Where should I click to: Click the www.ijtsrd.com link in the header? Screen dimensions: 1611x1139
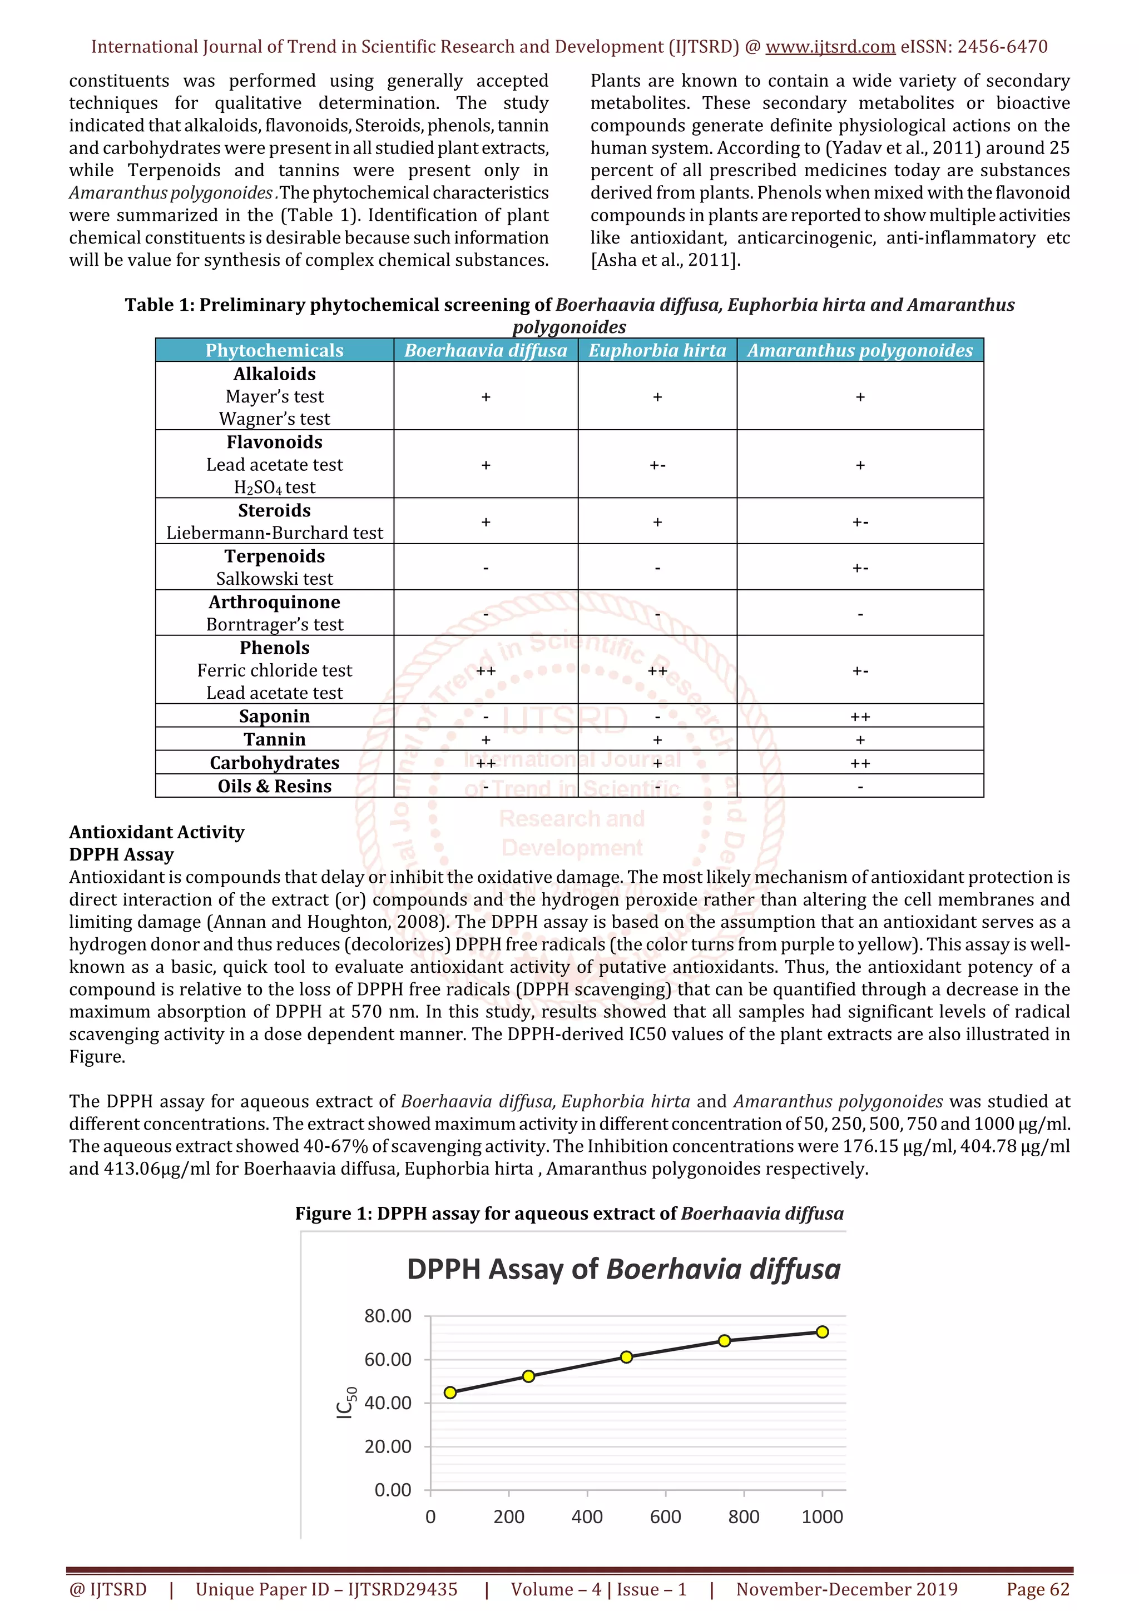click(830, 47)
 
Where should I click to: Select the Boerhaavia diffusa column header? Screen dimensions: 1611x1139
click(486, 350)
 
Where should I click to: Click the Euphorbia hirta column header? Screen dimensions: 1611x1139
click(657, 350)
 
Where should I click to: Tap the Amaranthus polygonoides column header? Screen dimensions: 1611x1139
click(860, 350)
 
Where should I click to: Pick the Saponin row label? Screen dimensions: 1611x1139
click(274, 717)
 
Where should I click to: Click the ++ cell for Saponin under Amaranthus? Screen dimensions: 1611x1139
click(860, 717)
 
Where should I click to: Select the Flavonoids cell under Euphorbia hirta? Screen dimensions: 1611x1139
click(657, 465)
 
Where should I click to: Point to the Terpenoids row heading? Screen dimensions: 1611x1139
click(274, 556)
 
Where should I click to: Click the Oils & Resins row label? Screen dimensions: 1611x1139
click(274, 786)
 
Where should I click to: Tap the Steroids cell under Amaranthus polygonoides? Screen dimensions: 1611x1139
click(860, 522)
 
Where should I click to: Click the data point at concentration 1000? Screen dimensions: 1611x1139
click(823, 1332)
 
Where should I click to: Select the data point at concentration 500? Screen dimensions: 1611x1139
click(627, 1357)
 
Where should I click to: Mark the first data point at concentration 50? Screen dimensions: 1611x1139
click(450, 1392)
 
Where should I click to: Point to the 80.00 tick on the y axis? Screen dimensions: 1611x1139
click(388, 1316)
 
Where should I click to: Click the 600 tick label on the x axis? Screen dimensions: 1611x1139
click(665, 1517)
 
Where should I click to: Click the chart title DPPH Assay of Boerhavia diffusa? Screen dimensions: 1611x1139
click(623, 1269)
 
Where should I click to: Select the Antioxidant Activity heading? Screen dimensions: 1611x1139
click(156, 832)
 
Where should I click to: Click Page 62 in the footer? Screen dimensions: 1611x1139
click(1037, 1589)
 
